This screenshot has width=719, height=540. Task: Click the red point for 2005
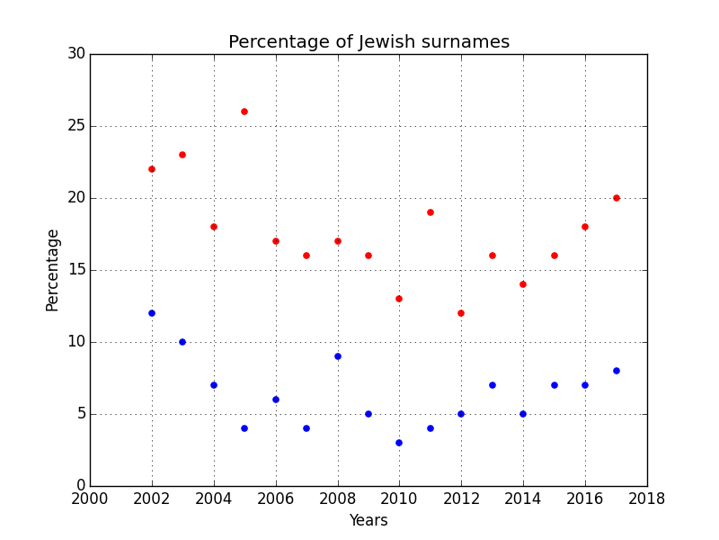click(244, 112)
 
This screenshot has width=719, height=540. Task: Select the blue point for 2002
click(152, 313)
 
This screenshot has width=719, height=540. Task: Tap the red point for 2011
click(431, 212)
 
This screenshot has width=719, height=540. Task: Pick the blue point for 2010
click(399, 443)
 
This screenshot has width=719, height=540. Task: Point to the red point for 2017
click(617, 198)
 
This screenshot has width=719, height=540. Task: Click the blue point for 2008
click(338, 356)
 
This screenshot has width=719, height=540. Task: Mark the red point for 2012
click(461, 313)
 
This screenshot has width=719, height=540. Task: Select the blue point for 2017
click(617, 371)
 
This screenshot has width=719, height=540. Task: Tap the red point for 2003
click(182, 155)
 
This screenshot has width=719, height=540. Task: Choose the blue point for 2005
click(244, 428)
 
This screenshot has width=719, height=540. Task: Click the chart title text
click(368, 42)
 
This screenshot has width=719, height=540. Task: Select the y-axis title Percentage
click(53, 270)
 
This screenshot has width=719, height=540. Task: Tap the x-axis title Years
click(368, 520)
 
